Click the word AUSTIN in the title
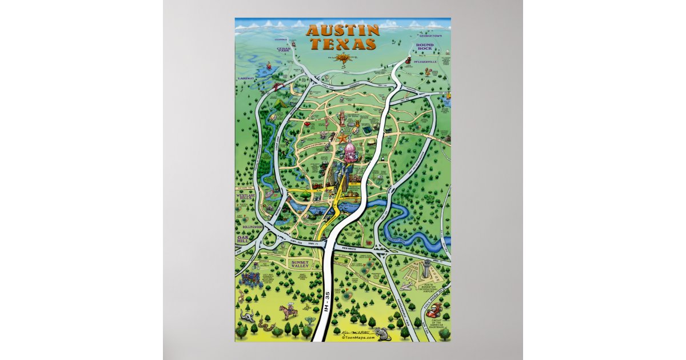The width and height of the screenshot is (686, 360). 342,30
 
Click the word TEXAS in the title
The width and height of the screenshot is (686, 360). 342,44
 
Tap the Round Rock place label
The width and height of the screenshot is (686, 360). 425,46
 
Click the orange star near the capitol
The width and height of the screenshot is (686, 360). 342,138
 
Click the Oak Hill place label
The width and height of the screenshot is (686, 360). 243,241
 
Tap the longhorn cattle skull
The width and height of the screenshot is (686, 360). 249,316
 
